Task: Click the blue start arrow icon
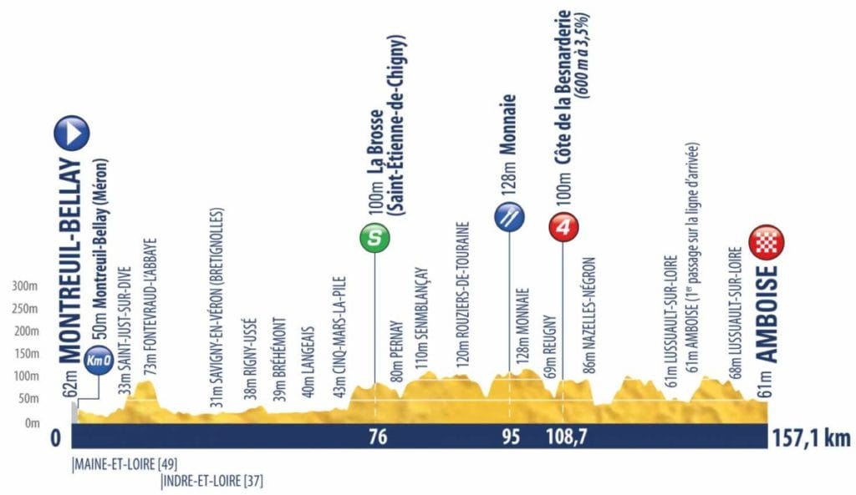71,133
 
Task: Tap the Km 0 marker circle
98,360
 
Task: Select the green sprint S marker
374,239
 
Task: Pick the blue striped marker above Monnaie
509,216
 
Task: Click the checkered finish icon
767,241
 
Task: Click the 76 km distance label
378,437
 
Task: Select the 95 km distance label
510,437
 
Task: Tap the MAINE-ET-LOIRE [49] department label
125,464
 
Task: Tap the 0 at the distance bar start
56,437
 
